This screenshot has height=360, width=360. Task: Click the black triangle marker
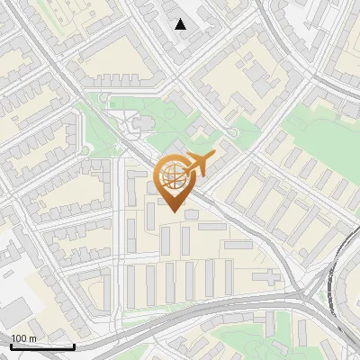point(181,24)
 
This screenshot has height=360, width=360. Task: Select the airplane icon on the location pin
point(199,164)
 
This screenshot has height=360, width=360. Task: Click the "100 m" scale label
point(23,338)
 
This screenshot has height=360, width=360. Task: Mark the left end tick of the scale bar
point(11,346)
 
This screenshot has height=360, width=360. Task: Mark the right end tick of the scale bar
point(74,346)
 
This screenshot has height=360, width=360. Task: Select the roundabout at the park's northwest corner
point(104,97)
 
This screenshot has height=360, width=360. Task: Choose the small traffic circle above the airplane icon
point(233,133)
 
